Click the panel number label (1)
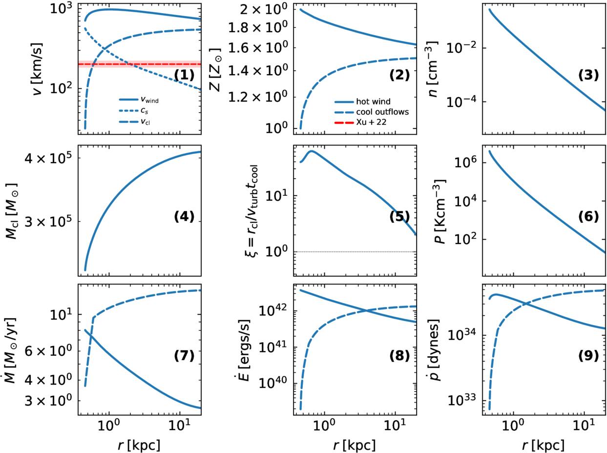point(184,75)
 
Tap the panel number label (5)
point(399,216)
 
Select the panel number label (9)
point(588,356)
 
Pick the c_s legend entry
point(134,111)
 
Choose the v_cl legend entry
point(134,122)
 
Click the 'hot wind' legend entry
point(362,102)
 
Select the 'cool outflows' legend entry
point(372,112)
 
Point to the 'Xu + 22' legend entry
point(360,122)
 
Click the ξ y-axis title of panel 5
point(251,211)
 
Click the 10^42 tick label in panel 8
point(273,310)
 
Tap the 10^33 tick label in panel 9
point(462,400)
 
